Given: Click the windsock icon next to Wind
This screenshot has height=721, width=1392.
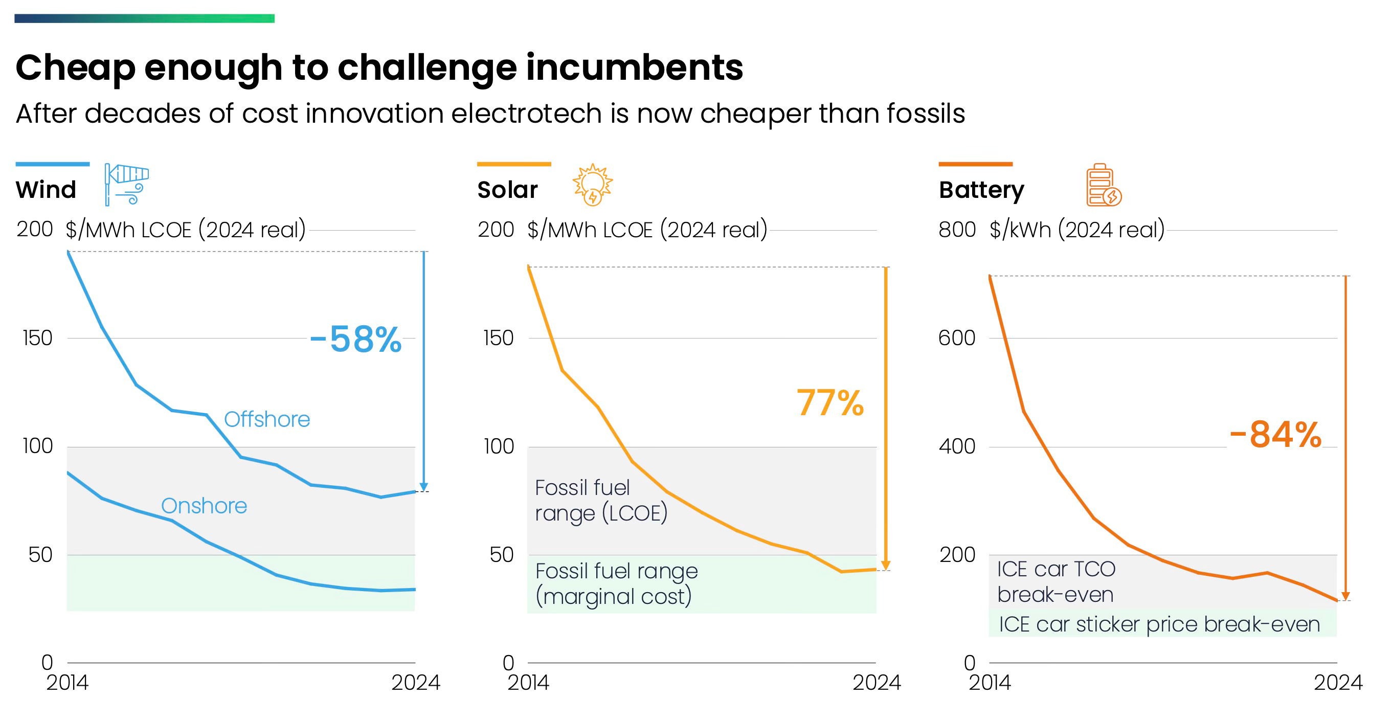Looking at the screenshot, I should tap(126, 184).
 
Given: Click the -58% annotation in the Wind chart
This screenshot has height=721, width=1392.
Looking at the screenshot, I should tap(356, 340).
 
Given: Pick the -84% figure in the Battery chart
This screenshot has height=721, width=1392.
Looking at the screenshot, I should tap(1275, 435).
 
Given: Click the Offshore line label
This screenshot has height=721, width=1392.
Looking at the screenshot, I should tap(267, 419).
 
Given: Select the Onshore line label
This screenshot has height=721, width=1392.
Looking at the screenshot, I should tap(204, 506).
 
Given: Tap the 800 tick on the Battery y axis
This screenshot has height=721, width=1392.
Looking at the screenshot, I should tap(956, 230).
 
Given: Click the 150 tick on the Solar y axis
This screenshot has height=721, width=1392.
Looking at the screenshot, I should tap(498, 339).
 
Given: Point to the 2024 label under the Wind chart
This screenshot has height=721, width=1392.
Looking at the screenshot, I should tap(416, 683).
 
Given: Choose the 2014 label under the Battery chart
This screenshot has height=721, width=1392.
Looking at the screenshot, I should tap(990, 683).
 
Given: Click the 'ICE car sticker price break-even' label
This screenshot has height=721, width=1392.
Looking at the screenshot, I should tap(1159, 624).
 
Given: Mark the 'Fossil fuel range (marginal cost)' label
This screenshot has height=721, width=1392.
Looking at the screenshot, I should tap(616, 584).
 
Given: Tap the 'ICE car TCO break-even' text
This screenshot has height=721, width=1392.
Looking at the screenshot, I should tap(1056, 581).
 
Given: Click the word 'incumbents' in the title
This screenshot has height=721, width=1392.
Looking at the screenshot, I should tap(635, 67).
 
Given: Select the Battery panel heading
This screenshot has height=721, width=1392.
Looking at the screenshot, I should tap(981, 190).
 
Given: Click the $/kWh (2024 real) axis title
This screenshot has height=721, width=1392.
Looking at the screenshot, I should tap(1077, 230).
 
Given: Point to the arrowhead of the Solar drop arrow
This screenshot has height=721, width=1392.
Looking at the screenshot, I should tap(886, 566).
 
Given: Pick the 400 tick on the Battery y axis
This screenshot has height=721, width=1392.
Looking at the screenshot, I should tap(956, 446).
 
